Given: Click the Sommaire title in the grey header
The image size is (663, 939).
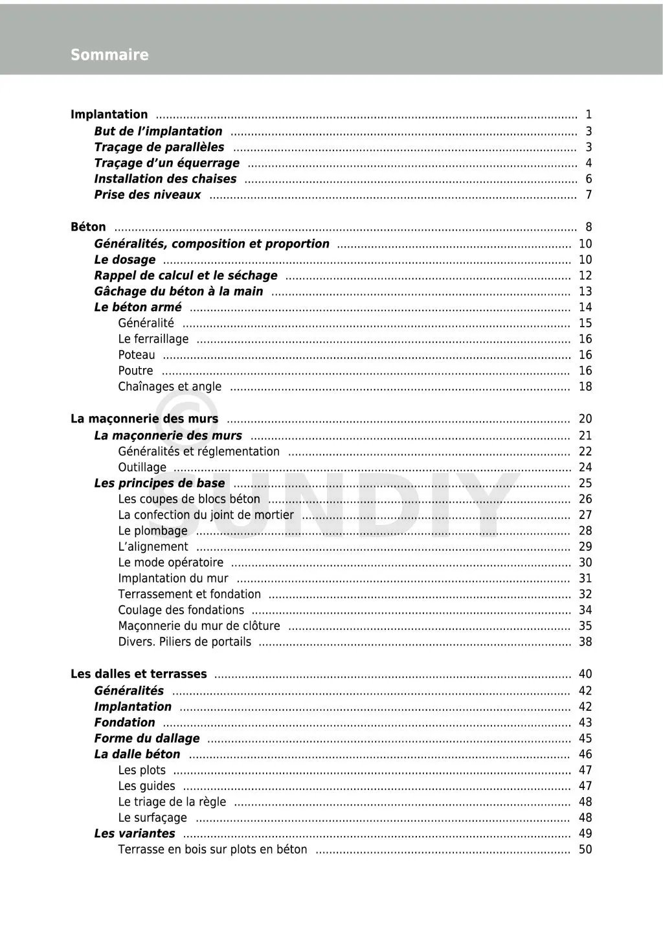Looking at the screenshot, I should [109, 55].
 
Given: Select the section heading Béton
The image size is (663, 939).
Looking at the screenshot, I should [88, 227].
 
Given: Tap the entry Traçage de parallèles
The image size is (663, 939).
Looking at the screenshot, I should [159, 147].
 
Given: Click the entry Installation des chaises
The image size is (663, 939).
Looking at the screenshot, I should [165, 179].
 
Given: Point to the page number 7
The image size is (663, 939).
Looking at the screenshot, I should [589, 195].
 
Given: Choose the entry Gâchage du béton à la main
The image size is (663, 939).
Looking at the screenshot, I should [179, 292].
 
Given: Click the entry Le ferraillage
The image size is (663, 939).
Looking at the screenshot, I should [153, 339].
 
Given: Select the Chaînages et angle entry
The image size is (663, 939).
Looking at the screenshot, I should [170, 387].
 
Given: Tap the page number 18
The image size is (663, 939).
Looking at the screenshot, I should [585, 387].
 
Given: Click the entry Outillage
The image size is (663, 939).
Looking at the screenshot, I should [142, 467].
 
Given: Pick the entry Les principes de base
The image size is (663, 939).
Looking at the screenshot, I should [159, 483].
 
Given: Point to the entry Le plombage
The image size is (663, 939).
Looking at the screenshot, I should [153, 531].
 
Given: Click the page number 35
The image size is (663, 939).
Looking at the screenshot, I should [585, 626].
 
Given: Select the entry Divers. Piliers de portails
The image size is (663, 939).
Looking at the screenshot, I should [185, 642].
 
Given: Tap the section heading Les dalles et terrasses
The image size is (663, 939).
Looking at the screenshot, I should [139, 674].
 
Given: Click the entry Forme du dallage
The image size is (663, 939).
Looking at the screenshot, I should [147, 739].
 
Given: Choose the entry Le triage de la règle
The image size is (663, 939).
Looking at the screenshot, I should [172, 802].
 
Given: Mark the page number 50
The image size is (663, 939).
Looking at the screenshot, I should [585, 850].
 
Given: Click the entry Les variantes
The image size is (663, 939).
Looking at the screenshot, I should [135, 833].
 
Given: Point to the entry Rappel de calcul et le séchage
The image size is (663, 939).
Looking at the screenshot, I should [186, 275].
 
